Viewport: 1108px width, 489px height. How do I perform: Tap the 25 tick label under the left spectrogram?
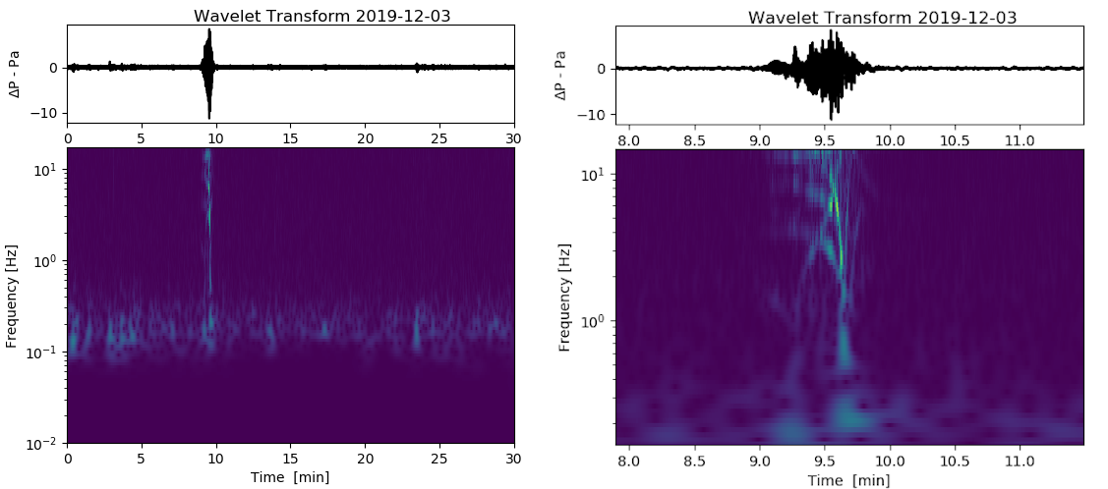(439, 459)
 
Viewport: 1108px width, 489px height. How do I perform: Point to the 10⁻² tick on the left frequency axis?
(46, 444)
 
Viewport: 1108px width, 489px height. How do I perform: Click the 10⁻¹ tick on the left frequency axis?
(46, 353)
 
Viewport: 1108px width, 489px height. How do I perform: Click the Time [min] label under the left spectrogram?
(289, 476)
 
